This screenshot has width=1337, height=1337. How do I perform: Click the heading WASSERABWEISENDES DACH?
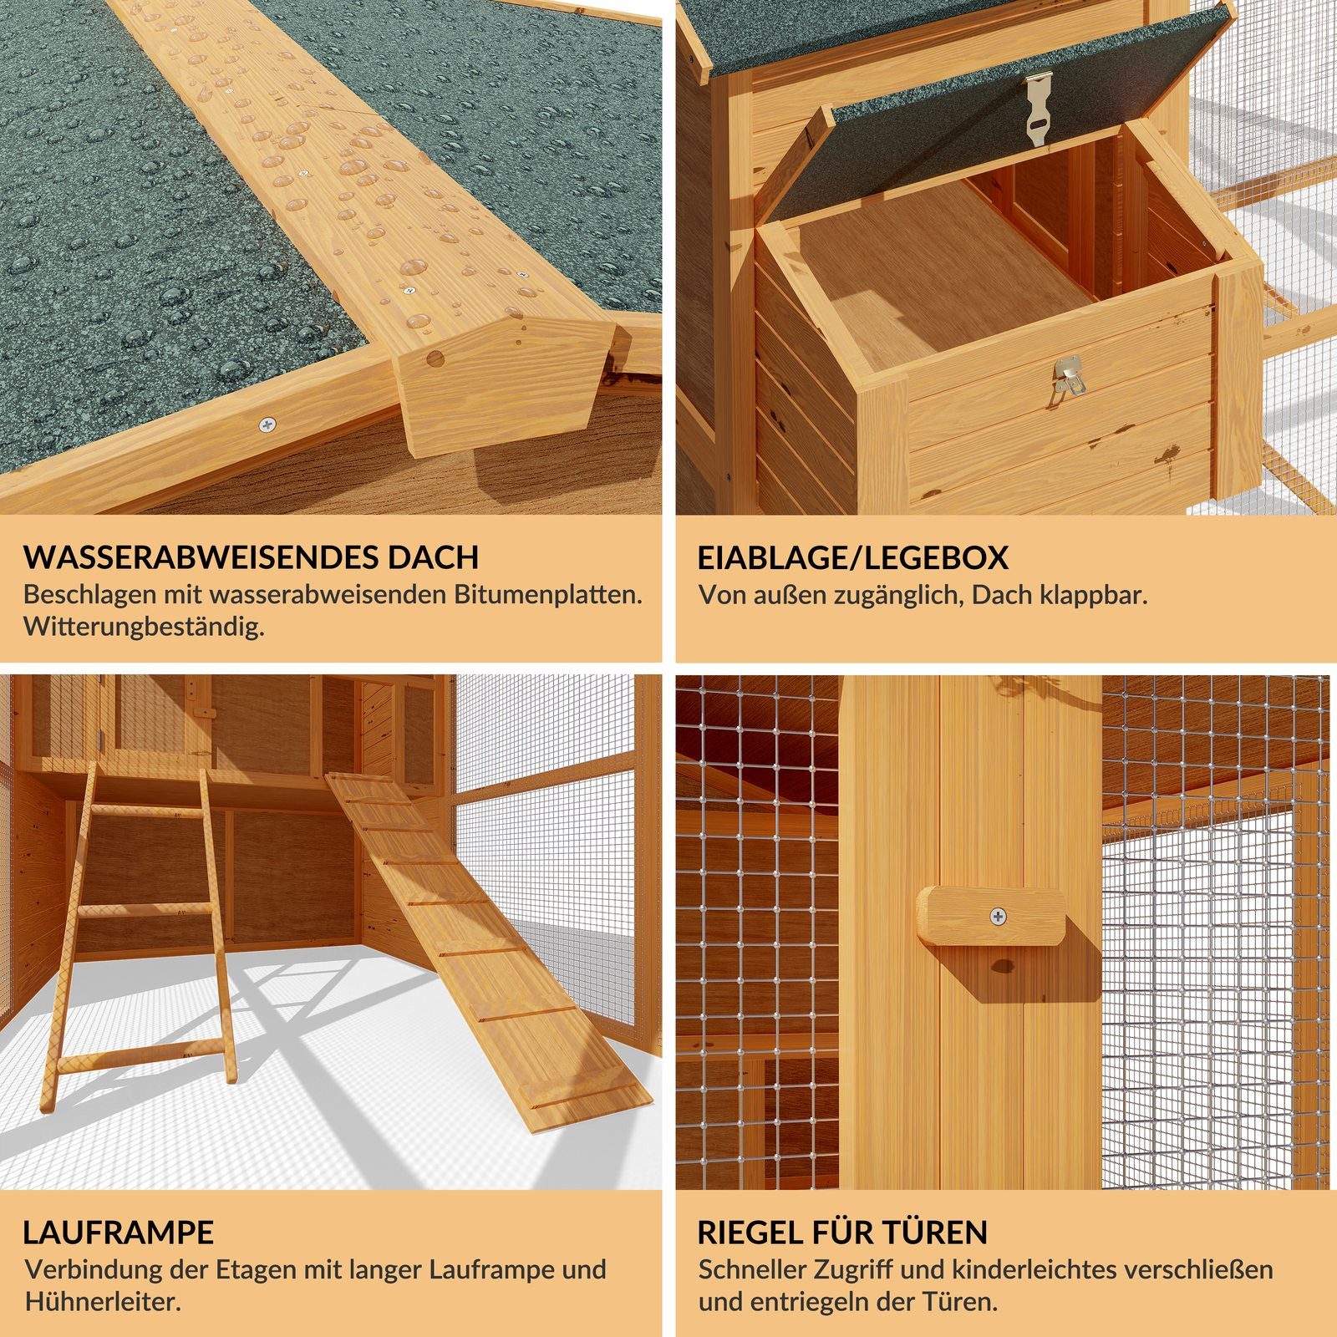251,557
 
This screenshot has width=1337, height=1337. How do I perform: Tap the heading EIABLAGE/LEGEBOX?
853,557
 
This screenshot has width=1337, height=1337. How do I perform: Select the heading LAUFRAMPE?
119,1233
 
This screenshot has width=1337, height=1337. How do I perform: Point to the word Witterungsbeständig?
144,627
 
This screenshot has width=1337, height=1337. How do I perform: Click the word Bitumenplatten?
548,595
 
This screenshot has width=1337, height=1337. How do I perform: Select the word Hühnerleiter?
103,1301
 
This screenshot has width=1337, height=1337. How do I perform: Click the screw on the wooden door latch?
998,917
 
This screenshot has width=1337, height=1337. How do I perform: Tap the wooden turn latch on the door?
992,917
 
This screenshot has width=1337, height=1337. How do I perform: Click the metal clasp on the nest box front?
1069,374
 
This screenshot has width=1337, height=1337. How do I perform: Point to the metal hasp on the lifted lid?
1038,109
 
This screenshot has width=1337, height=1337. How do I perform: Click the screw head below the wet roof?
267,425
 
